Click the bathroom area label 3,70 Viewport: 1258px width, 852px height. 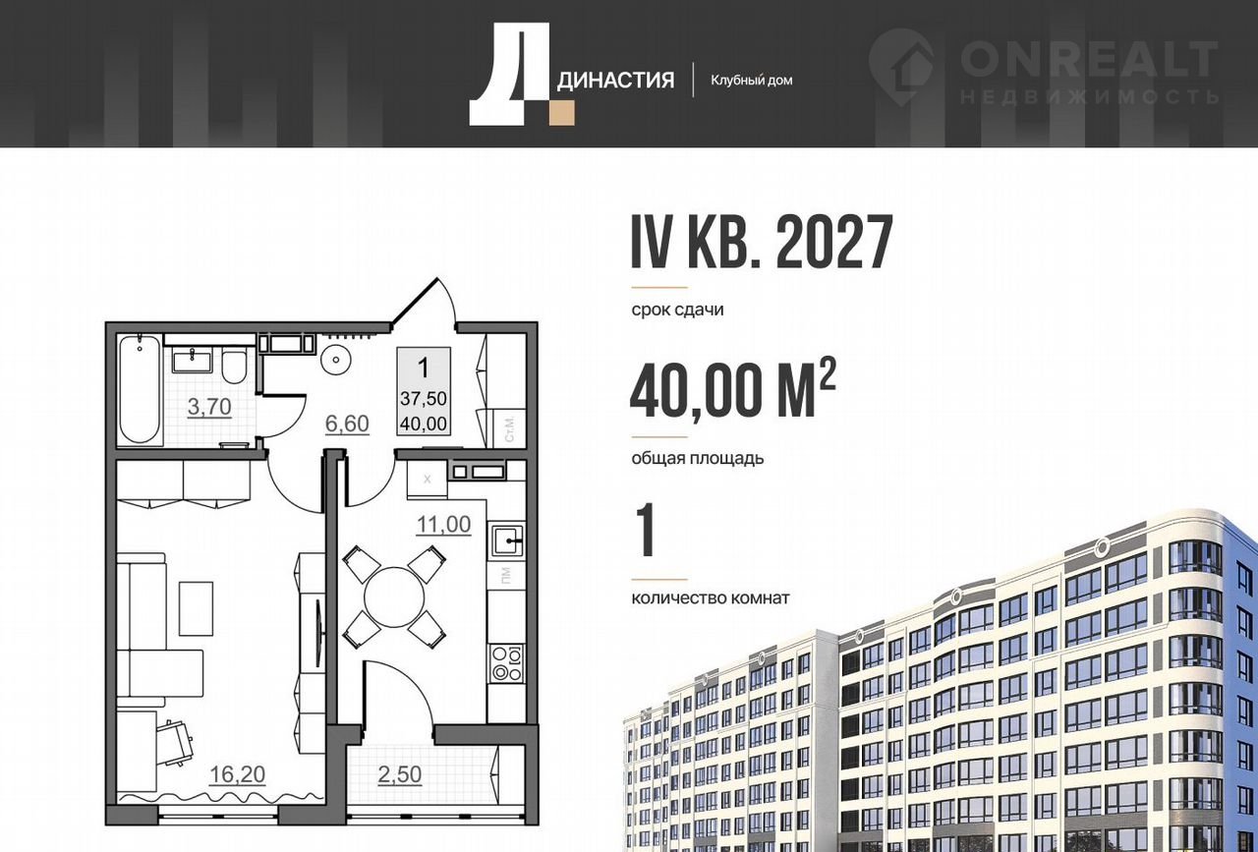(209, 407)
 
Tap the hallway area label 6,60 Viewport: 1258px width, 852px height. (347, 424)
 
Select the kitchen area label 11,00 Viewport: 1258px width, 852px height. (443, 524)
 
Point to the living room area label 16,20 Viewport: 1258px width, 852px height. (237, 774)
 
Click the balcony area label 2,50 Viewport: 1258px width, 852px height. (399, 774)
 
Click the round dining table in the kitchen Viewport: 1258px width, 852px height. (395, 596)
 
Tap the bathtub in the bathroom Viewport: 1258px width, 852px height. (140, 390)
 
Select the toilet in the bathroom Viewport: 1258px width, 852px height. (233, 366)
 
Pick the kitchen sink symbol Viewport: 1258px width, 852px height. (507, 540)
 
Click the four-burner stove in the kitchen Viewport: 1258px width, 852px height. (506, 664)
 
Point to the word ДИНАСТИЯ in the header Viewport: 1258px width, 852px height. (615, 81)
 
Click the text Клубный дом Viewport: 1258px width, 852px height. (752, 81)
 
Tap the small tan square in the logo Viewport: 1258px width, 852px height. (562, 113)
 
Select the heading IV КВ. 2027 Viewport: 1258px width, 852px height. (762, 243)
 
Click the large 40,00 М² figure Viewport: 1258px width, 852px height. (733, 390)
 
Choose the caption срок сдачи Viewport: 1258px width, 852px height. (677, 310)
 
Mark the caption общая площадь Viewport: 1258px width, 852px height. (698, 458)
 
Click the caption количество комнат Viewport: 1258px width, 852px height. (711, 598)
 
